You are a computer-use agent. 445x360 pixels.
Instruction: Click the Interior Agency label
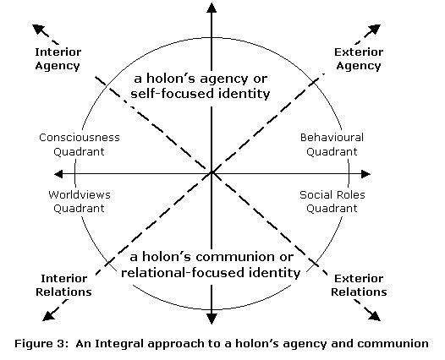58,59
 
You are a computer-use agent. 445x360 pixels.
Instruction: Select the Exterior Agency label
359,59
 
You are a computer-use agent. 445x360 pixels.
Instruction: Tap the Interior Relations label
63,285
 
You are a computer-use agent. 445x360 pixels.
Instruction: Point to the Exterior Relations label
359,285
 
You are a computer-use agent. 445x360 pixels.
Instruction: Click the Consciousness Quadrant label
80,145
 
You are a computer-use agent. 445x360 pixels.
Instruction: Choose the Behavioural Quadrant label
332,145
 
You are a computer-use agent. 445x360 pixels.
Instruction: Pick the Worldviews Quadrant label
80,201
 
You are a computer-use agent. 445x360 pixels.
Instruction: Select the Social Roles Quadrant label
332,201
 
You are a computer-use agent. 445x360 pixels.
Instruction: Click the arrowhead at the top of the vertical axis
212,8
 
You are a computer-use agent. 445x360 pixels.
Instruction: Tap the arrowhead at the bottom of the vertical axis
212,319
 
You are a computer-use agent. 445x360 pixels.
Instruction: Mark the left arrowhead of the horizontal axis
58,174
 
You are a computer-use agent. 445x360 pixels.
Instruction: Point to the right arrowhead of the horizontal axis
365,174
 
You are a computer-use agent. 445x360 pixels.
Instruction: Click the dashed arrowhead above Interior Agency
38,29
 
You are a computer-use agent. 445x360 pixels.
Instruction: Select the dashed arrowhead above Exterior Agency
375,30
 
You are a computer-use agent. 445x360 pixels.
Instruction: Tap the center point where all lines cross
212,172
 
